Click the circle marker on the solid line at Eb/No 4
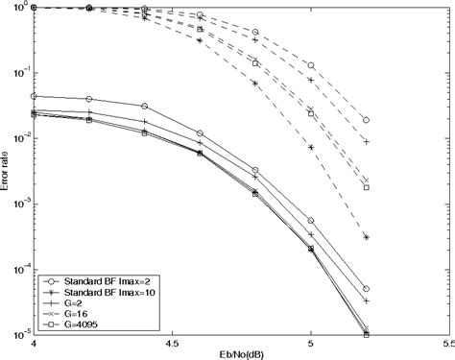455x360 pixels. point(35,96)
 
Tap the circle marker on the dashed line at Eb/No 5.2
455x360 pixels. point(366,120)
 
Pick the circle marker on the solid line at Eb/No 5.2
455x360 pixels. point(366,288)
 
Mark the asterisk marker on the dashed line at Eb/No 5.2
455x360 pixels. point(366,236)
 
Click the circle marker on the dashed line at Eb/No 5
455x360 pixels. point(310,65)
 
